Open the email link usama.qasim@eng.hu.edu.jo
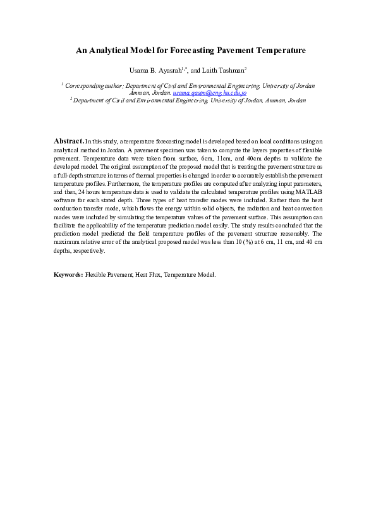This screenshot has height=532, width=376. pyautogui.click(x=210, y=92)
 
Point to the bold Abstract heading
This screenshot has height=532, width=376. pyautogui.click(x=68, y=140)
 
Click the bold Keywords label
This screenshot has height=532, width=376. pyautogui.click(x=68, y=293)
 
